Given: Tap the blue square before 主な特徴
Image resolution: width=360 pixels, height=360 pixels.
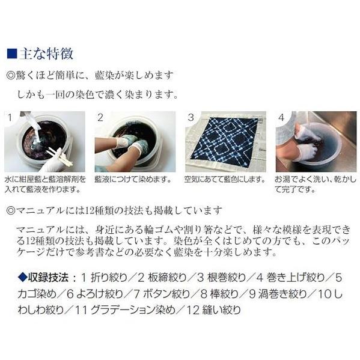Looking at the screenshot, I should (11, 54).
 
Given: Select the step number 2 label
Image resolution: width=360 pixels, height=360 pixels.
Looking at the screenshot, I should (100, 117).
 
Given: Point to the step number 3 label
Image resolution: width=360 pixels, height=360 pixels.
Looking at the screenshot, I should (191, 117).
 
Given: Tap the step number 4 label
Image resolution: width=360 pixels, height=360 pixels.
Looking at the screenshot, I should (281, 117).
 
